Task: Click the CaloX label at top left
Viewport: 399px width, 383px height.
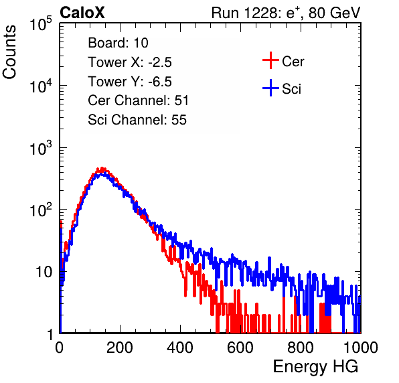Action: [x=82, y=13]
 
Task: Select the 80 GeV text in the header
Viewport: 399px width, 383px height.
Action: [x=334, y=13]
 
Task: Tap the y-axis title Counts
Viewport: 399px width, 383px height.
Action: [x=9, y=52]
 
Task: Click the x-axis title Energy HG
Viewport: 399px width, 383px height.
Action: [x=315, y=367]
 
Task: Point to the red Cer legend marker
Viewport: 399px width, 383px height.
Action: [x=270, y=60]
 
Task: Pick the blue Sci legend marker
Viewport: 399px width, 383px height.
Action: [x=270, y=88]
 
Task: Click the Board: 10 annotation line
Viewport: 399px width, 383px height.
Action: [x=118, y=43]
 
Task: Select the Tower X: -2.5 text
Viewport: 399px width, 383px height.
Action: [x=130, y=62]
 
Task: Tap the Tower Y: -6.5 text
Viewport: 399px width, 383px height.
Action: [x=130, y=82]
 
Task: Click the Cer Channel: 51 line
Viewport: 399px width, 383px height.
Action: [x=138, y=100]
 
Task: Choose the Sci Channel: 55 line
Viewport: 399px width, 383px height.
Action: [x=137, y=120]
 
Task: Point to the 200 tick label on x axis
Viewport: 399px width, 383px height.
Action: [x=120, y=348]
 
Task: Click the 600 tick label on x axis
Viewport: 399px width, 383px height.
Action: [x=240, y=348]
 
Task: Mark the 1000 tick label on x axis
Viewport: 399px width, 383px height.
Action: [x=361, y=348]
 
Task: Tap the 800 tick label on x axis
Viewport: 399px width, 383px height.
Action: [x=301, y=348]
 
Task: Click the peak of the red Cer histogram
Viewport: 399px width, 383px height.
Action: [x=102, y=168]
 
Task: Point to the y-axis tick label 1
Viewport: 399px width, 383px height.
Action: [x=50, y=334]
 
